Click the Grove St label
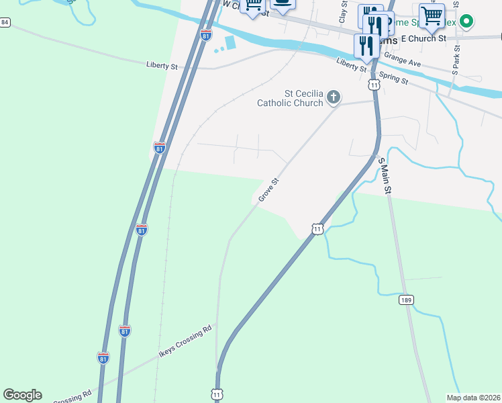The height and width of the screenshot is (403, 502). tap(268, 190)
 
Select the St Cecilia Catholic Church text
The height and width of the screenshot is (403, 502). tap(290, 98)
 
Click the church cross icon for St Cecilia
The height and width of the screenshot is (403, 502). tap(333, 99)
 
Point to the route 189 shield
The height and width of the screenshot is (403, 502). tap(405, 299)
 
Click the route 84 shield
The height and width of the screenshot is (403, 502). tap(5, 22)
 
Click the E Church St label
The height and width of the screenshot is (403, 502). tap(423, 39)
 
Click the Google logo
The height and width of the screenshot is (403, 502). tap(22, 395)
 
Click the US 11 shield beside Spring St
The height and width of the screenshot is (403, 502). tap(373, 85)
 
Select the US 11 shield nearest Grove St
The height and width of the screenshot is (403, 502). tap(317, 229)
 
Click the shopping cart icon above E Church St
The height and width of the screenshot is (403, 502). tap(432, 15)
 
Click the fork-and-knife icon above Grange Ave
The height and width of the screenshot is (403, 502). tap(366, 45)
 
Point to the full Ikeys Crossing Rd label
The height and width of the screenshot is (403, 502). tap(185, 341)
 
